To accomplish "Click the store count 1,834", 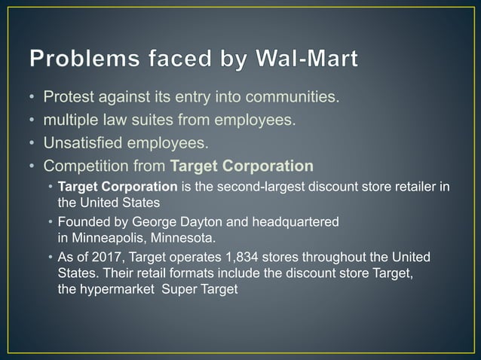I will coord(227,258).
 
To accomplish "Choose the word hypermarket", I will coord(116,289).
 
